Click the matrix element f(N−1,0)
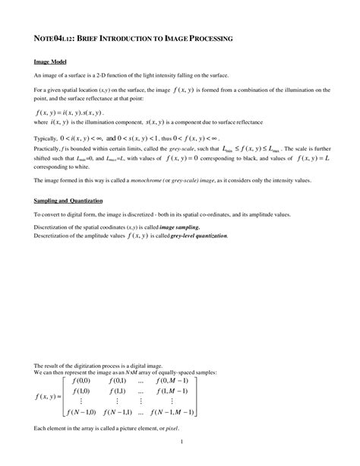[81, 412]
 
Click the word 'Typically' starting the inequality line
[46, 139]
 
